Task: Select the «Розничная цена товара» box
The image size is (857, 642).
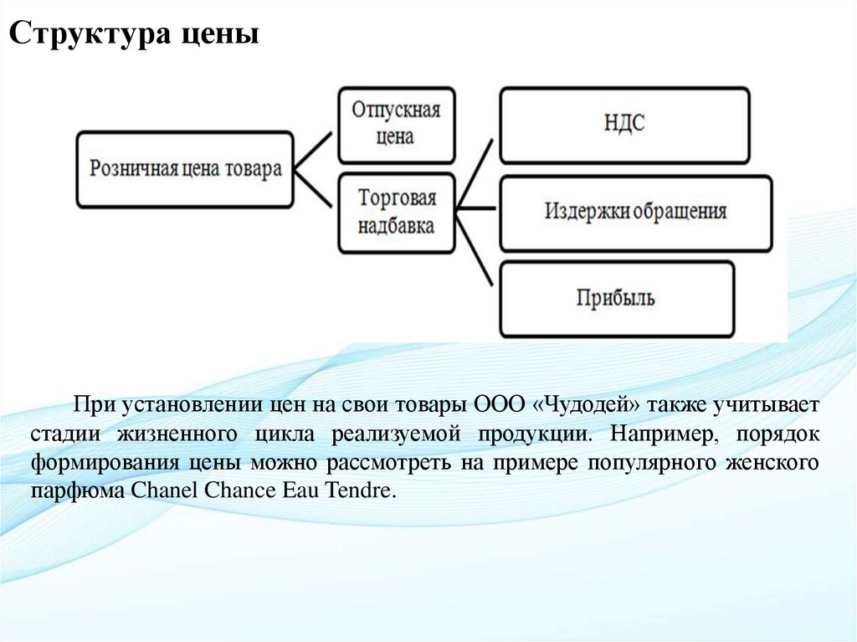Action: (x=185, y=168)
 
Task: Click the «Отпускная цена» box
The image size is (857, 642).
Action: (x=396, y=124)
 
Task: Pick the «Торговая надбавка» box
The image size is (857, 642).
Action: (x=397, y=213)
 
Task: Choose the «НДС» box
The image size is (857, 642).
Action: (x=624, y=125)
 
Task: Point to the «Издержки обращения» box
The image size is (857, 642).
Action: (x=635, y=212)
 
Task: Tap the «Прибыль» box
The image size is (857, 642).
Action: (x=616, y=299)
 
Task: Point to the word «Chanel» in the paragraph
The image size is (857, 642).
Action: (x=165, y=490)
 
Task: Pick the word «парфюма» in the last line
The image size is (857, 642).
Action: (x=79, y=490)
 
